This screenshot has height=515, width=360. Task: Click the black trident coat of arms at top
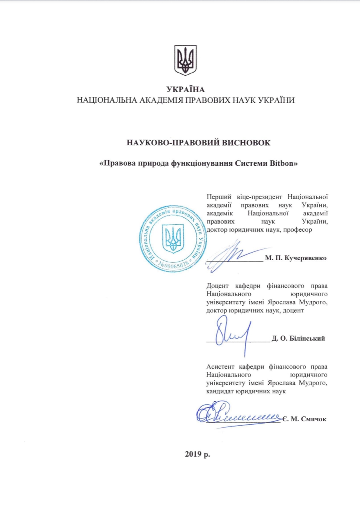pos(185,60)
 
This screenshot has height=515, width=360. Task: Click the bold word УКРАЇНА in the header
pos(185,90)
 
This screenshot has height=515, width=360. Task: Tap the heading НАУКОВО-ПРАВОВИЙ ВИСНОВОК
pos(198,143)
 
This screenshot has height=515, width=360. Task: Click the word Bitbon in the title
pos(281,163)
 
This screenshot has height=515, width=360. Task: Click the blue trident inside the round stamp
pos(173,238)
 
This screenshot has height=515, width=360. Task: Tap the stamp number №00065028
pos(173,265)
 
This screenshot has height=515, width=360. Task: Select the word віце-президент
pos(259,197)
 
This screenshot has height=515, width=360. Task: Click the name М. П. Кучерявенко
pos(296,258)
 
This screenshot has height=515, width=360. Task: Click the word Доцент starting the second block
pos(217,286)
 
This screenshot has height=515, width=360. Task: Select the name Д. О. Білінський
pos(298,339)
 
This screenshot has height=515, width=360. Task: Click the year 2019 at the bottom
pos(193,454)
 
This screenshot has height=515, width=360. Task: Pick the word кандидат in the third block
pos(220,392)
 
